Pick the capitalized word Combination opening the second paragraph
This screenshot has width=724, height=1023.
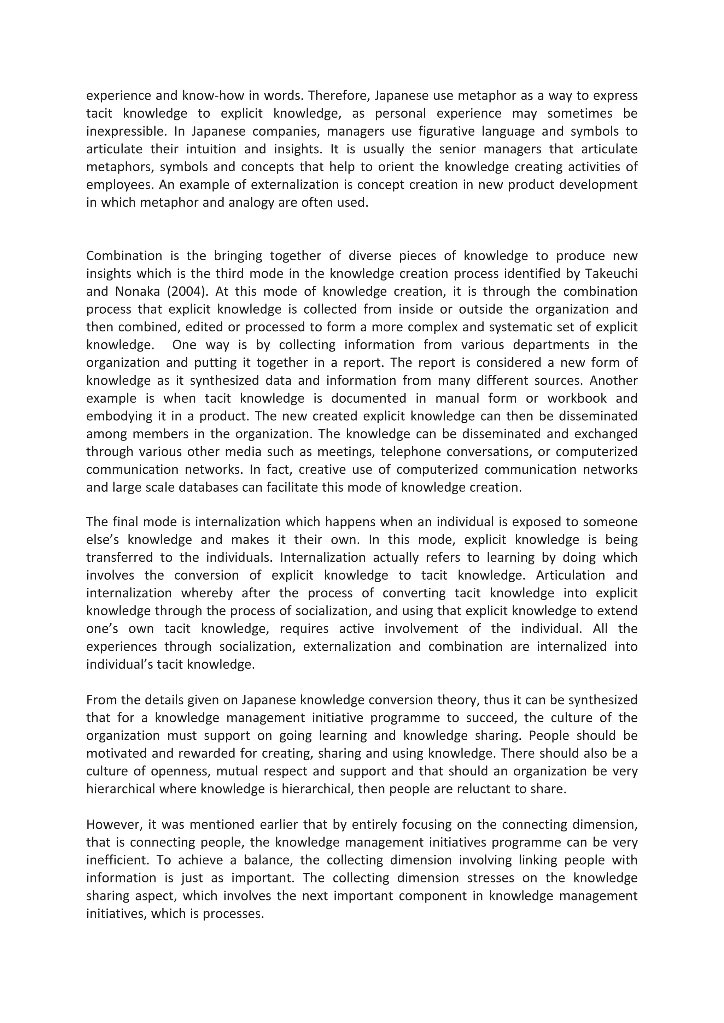(x=124, y=256)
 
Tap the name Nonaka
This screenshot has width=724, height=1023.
(x=136, y=292)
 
